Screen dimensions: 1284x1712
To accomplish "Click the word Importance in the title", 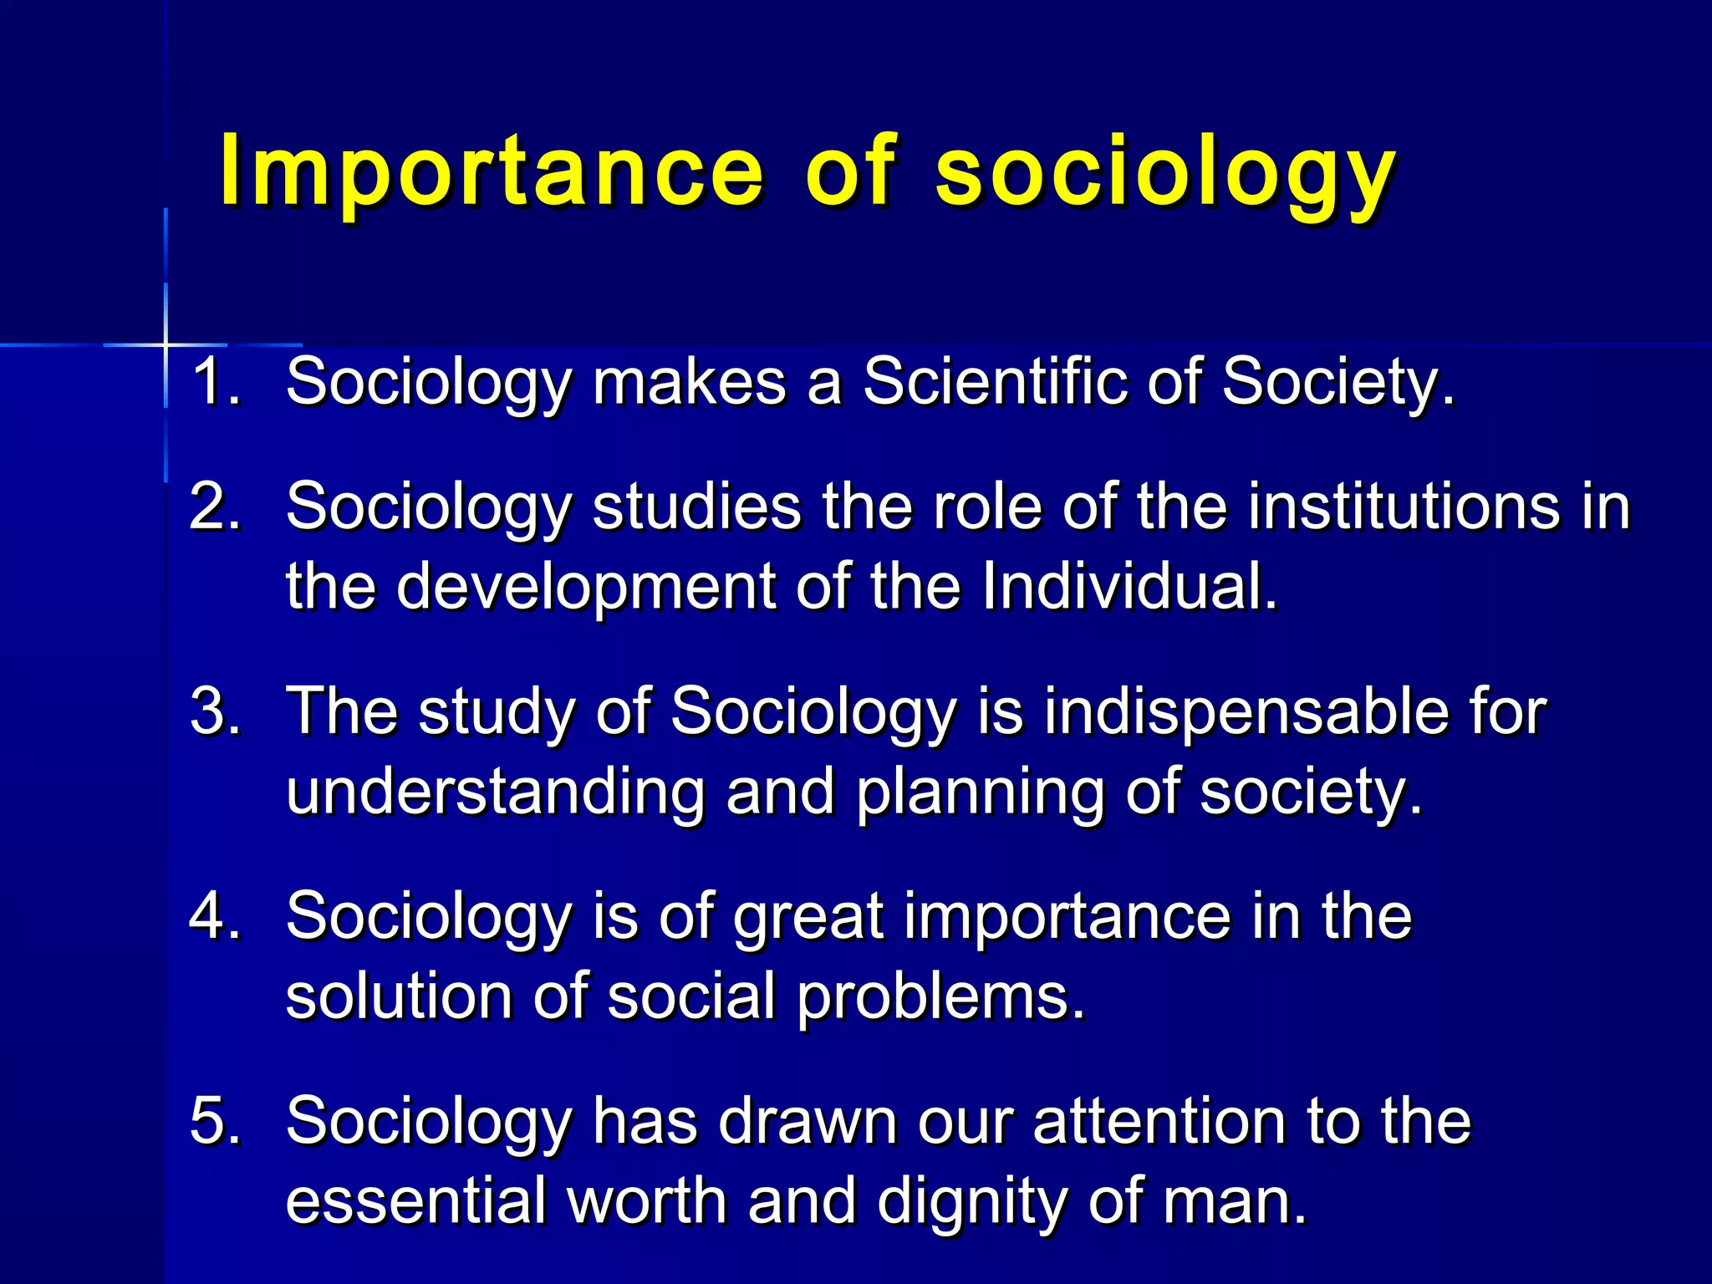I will [492, 171].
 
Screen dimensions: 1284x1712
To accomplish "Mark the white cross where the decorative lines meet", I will [166, 344].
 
